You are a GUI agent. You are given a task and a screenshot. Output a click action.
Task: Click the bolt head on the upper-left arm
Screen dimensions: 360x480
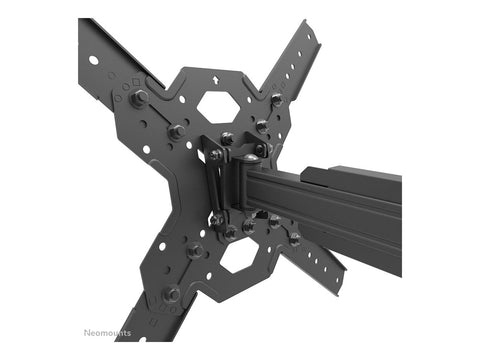pos(139,96)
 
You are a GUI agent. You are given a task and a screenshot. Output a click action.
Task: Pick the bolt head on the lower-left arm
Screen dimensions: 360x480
pos(172,294)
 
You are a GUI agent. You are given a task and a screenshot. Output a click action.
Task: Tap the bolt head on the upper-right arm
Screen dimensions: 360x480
pos(276,98)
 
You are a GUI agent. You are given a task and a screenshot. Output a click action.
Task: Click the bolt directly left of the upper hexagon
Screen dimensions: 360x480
pos(176,131)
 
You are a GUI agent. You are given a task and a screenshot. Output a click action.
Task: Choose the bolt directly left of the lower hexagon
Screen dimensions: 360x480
pos(196,251)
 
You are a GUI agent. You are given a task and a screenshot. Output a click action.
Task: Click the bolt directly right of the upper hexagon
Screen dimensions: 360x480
pos(262,126)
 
